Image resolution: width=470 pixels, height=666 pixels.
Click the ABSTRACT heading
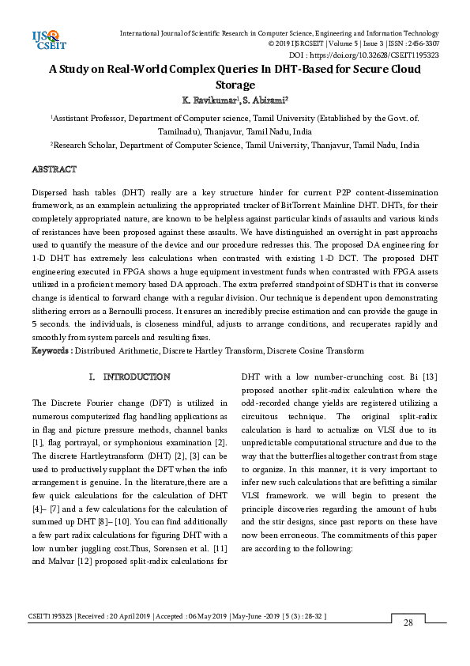54,170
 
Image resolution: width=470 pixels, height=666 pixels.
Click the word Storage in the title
235,85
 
